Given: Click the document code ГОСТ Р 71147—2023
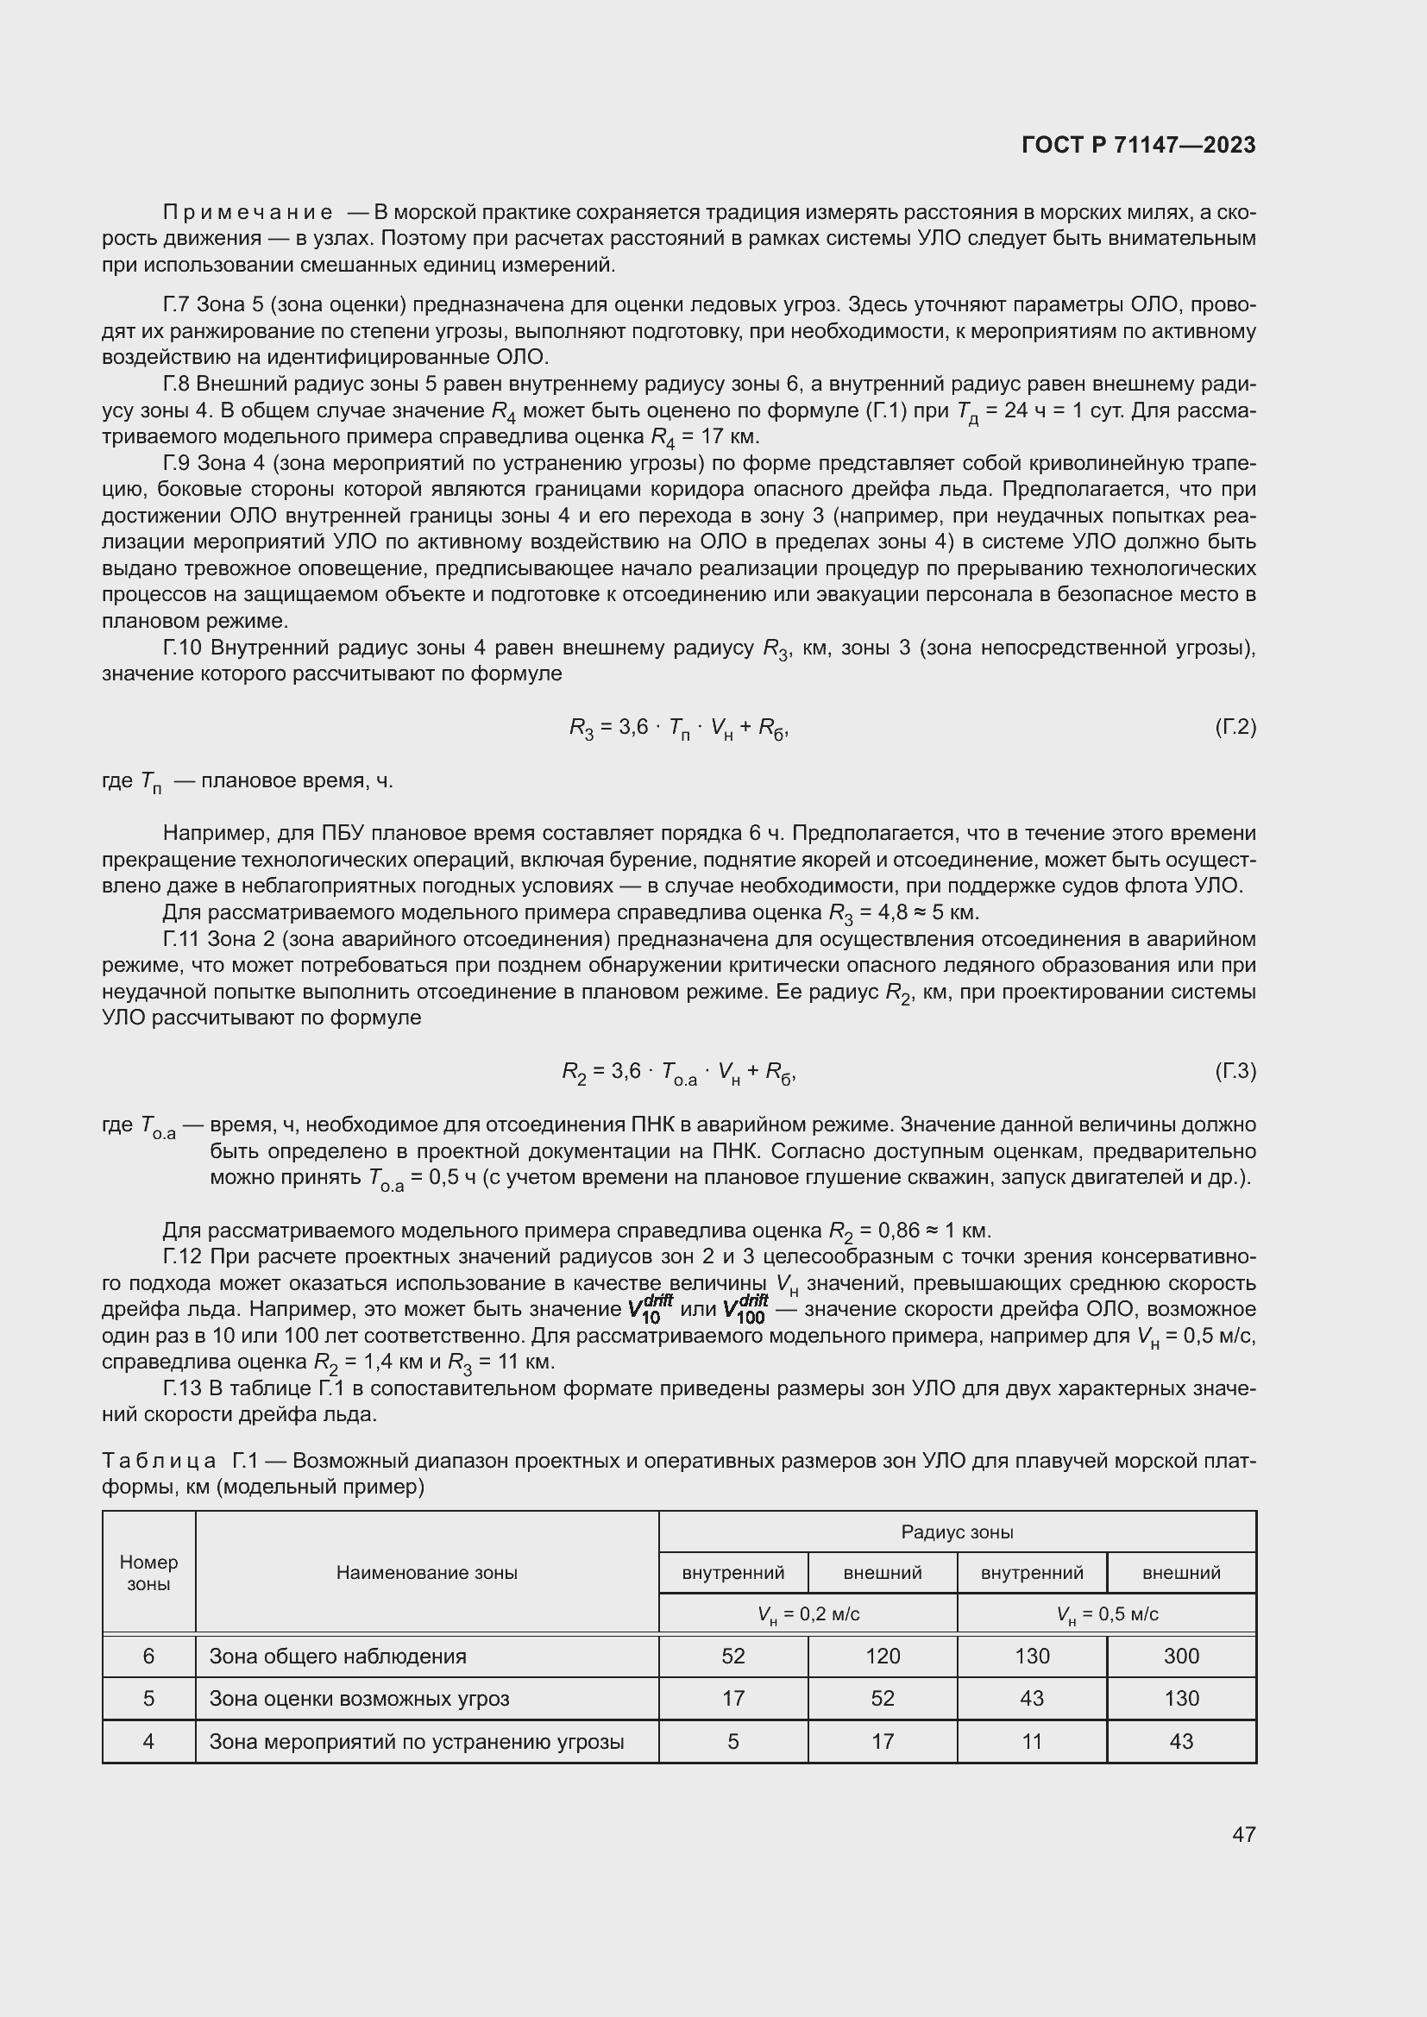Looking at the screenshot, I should pyautogui.click(x=1139, y=145).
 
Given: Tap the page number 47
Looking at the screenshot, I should pyautogui.click(x=1243, y=1833).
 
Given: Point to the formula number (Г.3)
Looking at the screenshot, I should pyautogui.click(x=1235, y=1071).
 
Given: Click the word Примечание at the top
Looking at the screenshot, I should pyautogui.click(x=248, y=213).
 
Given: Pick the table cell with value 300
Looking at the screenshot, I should pyautogui.click(x=1181, y=1656).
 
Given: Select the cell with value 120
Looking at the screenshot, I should pyautogui.click(x=883, y=1656).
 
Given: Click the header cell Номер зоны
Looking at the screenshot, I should pyautogui.click(x=148, y=1573).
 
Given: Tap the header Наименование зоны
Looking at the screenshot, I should pyautogui.click(x=426, y=1573).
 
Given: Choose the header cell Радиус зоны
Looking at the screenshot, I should pyautogui.click(x=957, y=1532).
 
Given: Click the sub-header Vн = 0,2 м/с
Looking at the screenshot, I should pyautogui.click(x=808, y=1613).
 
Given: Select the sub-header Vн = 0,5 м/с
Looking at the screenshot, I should pyautogui.click(x=1106, y=1613).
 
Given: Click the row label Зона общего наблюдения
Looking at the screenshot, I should pyautogui.click(x=337, y=1656).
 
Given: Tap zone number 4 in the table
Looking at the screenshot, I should pyautogui.click(x=148, y=1740).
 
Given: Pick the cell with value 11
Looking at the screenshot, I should pyautogui.click(x=1032, y=1740).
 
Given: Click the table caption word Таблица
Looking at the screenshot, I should pyautogui.click(x=159, y=1461).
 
